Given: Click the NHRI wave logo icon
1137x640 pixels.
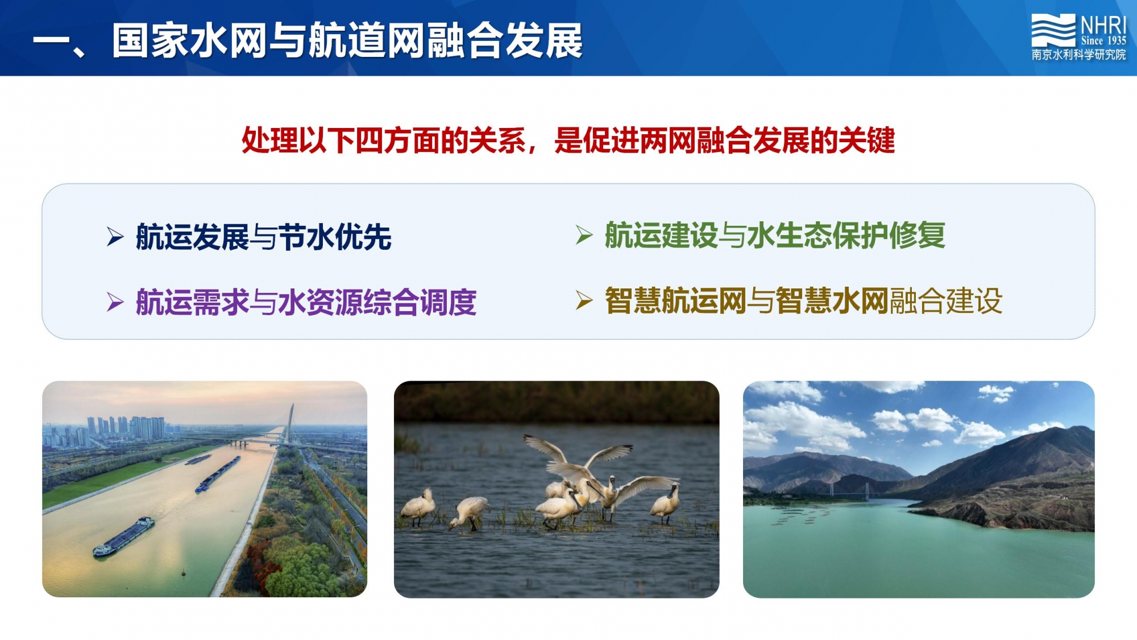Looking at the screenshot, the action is (1053, 30).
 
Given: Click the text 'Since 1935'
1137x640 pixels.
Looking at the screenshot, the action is (1103, 40).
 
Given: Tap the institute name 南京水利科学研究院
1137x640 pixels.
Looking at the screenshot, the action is (1078, 55).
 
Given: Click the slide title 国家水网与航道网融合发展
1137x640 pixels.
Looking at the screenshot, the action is (347, 41).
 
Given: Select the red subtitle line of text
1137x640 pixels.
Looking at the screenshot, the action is (568, 141).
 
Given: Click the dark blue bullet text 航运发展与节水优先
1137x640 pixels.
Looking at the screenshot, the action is (263, 237).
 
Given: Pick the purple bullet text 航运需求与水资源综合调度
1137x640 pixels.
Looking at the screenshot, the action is (306, 302).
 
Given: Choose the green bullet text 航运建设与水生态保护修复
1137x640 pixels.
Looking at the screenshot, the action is (775, 236).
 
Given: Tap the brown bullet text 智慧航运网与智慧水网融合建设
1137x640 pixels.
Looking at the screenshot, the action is (803, 301).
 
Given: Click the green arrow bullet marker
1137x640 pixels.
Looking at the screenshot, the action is (584, 235).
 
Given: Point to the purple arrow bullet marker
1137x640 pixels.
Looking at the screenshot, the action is (115, 302).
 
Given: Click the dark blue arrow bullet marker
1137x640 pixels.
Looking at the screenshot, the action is (115, 237).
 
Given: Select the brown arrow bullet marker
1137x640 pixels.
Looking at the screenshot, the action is (584, 300).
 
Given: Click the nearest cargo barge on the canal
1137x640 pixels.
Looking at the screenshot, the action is (123, 536).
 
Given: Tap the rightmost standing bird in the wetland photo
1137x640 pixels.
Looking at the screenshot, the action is (666, 502).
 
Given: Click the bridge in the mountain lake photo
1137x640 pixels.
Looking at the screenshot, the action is (848, 490).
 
